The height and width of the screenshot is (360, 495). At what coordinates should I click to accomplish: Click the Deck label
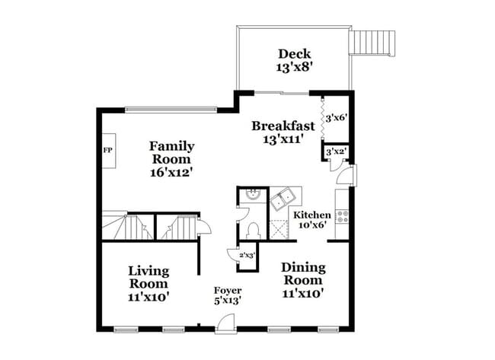(x=293, y=53)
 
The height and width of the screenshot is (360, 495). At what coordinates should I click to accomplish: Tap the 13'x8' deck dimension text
(x=293, y=67)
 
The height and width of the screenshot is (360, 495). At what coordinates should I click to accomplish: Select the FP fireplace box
(x=107, y=150)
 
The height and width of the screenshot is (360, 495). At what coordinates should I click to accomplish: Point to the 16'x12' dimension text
(x=171, y=173)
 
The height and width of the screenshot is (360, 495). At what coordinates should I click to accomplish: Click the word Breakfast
(x=283, y=126)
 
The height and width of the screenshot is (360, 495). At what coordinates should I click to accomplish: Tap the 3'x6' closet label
(x=336, y=118)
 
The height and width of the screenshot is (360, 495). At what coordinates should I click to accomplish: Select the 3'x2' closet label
(x=336, y=151)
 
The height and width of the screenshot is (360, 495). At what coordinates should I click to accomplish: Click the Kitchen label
(x=312, y=215)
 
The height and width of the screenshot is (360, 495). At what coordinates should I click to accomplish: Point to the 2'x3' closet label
(x=247, y=256)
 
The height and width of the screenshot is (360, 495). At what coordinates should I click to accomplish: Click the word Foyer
(x=227, y=290)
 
